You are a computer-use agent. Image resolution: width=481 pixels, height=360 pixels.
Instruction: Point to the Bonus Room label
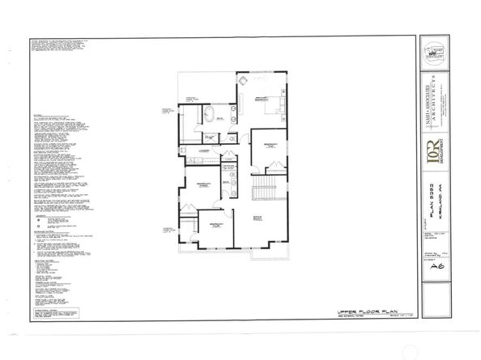[259, 218]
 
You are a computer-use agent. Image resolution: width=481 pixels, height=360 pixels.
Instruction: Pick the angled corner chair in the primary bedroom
[243, 81]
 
